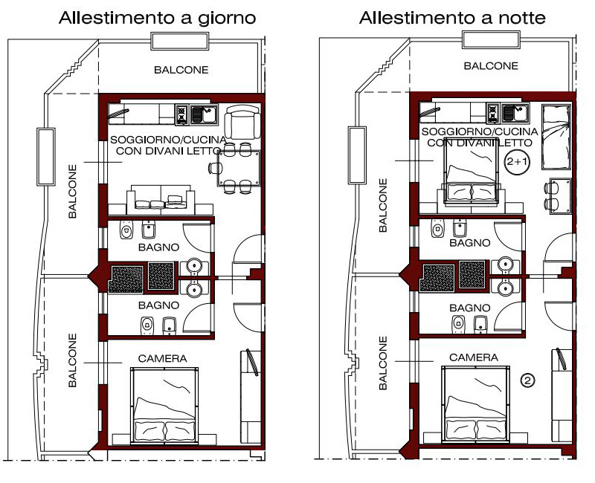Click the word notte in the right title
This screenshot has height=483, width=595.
click(x=522, y=18)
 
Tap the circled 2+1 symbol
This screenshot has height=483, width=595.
click(x=517, y=162)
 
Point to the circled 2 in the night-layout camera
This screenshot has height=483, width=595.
click(x=527, y=380)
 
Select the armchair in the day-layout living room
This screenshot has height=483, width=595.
click(x=242, y=122)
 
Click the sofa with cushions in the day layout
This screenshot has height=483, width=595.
click(x=161, y=197)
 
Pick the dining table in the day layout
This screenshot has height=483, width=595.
click(x=239, y=168)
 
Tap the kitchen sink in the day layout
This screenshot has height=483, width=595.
click(x=204, y=114)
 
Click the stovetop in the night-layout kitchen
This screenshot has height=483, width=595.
click(x=493, y=113)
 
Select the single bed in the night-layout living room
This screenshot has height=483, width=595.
click(x=556, y=137)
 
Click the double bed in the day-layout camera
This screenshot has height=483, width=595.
click(x=164, y=405)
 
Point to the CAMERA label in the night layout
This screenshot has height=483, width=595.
click(x=474, y=357)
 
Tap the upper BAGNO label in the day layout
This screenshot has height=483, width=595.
click(x=158, y=247)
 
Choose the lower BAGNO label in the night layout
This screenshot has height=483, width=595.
click(x=470, y=308)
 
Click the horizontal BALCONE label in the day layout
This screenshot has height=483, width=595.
click(x=181, y=70)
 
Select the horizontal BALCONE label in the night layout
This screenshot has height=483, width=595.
click(x=491, y=66)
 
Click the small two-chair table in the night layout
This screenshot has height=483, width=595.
click(x=558, y=196)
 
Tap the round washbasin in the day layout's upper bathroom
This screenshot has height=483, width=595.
click(x=195, y=265)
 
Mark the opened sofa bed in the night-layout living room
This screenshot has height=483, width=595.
click(x=471, y=172)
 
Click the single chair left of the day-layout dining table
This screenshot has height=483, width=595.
click(x=214, y=168)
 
